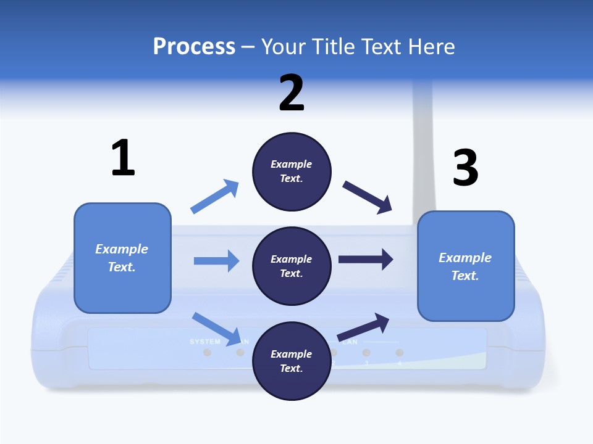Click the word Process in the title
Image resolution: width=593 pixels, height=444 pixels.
[x=194, y=46]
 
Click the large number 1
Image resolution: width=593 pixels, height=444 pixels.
[x=123, y=158]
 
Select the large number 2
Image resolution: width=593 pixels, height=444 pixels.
[x=292, y=93]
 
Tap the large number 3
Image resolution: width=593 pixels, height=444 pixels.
[x=465, y=168]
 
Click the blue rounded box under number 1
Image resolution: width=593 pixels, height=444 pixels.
[x=122, y=258]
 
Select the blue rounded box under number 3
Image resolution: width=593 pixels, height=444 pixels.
[x=466, y=266]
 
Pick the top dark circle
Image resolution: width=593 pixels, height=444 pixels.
[x=292, y=171]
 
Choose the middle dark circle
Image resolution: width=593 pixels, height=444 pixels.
[x=292, y=266]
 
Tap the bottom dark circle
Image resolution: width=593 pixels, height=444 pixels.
[x=292, y=361]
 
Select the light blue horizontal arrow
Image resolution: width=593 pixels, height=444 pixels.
[x=216, y=261]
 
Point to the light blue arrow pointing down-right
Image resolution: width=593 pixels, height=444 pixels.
[x=217, y=328]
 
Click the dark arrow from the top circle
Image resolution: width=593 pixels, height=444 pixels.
[x=368, y=197]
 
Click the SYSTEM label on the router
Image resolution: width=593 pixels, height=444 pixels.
[x=204, y=342]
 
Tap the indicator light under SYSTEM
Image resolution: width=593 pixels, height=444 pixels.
[x=208, y=353]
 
